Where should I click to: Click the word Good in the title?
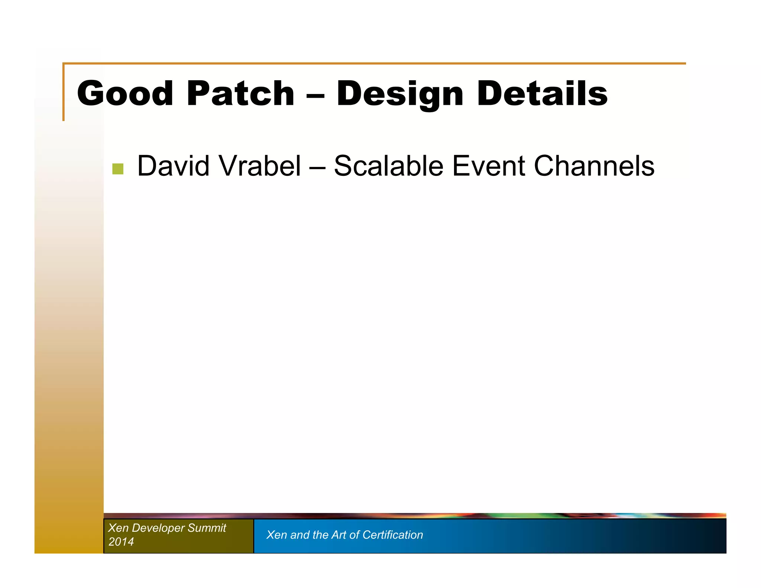(x=125, y=93)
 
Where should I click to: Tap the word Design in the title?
(x=400, y=93)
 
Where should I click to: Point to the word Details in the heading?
(x=542, y=93)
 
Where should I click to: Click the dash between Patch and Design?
(x=315, y=95)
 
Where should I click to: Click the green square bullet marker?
(x=118, y=169)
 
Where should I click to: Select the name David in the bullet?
(x=173, y=166)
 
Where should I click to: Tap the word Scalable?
(x=388, y=166)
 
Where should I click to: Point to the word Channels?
(x=594, y=166)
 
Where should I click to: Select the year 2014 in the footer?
(x=121, y=542)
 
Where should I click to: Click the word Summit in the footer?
(x=207, y=528)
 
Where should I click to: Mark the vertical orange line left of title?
(x=64, y=93)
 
